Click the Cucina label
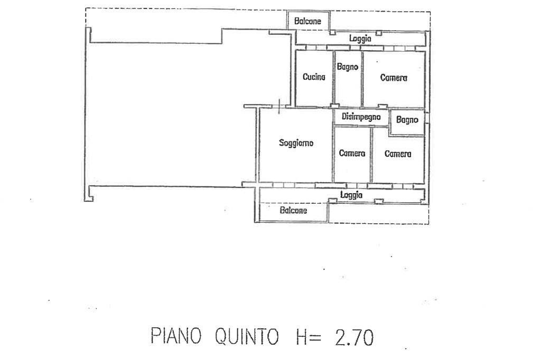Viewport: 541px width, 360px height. click(314, 77)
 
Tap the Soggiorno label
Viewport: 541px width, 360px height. click(296, 143)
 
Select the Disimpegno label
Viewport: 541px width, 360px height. click(361, 117)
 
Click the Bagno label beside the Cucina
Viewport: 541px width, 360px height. click(348, 67)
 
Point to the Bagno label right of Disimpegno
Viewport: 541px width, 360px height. click(407, 120)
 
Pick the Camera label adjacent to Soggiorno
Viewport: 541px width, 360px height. click(352, 154)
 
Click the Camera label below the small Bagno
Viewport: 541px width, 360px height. click(398, 154)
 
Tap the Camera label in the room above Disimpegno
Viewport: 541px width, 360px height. click(394, 78)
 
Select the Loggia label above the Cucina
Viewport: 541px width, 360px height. click(360, 38)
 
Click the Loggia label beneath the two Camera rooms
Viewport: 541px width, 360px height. click(351, 195)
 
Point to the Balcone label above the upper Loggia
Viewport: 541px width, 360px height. click(307, 22)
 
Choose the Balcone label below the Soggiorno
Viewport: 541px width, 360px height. click(293, 210)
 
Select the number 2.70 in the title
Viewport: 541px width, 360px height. click(355, 336)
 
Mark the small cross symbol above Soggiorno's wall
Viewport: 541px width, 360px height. click(278, 106)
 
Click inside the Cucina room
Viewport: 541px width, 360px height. click(314, 92)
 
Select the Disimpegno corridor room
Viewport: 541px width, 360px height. click(362, 121)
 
